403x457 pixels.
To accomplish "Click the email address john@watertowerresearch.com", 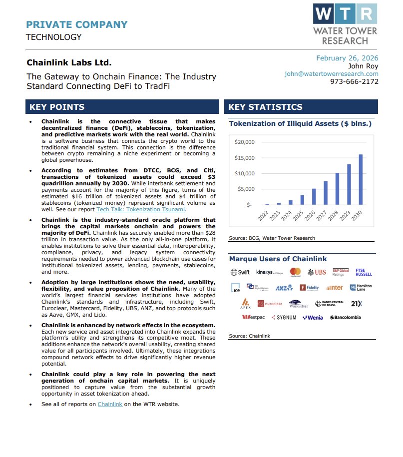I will tap(332, 74).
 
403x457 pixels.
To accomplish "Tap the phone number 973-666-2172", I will tap(354, 82).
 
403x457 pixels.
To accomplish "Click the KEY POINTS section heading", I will tap(57, 107).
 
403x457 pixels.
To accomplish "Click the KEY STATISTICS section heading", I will tap(265, 107).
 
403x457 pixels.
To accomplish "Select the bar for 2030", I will tap(361, 180).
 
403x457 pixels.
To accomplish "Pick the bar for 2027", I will tap(326, 193).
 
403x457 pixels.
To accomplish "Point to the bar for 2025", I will tap(302, 200).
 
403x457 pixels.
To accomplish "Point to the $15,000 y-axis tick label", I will tap(245, 158).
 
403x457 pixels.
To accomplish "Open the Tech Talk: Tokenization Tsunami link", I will tap(141, 209).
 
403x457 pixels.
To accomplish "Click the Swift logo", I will tap(240, 272).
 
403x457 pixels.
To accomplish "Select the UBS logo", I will tap(317, 272).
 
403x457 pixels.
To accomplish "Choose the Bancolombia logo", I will tap(346, 317).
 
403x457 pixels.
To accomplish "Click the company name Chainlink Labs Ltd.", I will tap(69, 63).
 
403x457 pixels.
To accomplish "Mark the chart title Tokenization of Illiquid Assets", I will tap(300, 123).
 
